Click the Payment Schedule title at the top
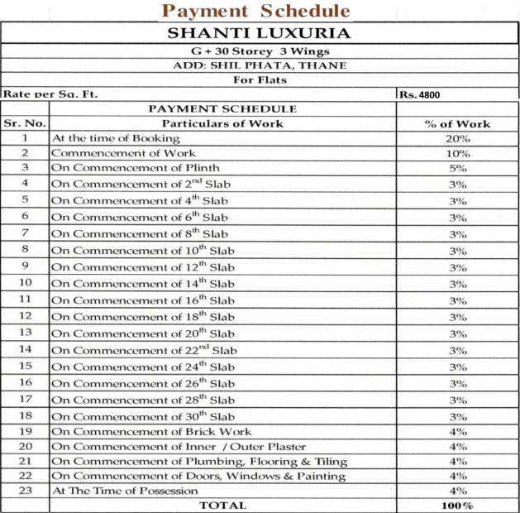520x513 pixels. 255,11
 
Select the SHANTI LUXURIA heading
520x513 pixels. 259,34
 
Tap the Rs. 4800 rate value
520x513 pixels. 420,94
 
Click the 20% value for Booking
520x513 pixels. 457,138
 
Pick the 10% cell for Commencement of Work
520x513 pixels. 457,153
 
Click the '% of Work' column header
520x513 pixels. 457,123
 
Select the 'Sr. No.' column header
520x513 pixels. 26,123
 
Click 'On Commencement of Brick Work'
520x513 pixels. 151,431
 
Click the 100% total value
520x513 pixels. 457,505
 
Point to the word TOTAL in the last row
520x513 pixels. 222,505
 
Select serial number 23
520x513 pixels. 26,490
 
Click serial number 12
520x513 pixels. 26,316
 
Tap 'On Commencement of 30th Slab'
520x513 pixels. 142,416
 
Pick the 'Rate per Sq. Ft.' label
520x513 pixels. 50,94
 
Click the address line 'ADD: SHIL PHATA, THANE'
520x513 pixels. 259,65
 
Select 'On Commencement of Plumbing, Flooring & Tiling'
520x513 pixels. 198,461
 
